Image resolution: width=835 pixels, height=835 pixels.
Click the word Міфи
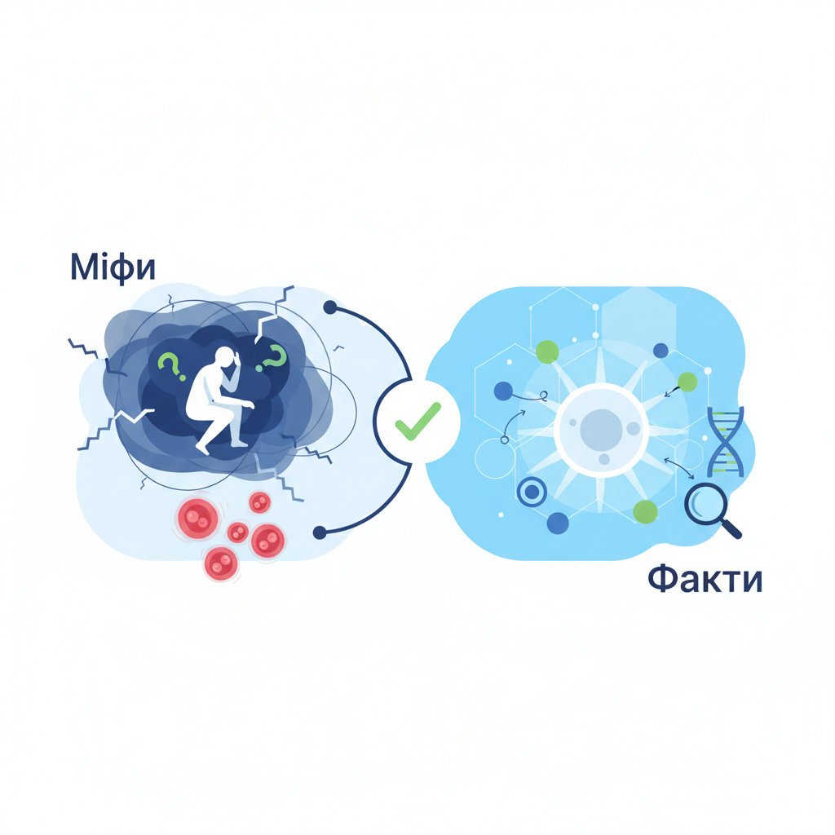pyautogui.click(x=113, y=267)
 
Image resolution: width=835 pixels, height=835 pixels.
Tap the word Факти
pyautogui.click(x=705, y=580)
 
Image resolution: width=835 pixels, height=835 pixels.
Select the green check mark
pyautogui.click(x=418, y=422)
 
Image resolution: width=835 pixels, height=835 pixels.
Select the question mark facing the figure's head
pyautogui.click(x=272, y=357)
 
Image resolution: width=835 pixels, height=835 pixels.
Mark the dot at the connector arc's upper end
pyautogui.click(x=330, y=307)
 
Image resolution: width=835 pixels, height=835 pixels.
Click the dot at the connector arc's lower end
pyautogui.click(x=320, y=532)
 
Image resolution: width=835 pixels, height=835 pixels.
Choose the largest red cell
pyautogui.click(x=197, y=518)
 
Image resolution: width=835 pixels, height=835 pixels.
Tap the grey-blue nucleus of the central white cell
pyautogui.click(x=601, y=429)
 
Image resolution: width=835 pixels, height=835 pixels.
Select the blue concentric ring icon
pyautogui.click(x=532, y=492)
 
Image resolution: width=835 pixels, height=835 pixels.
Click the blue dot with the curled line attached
pyautogui.click(x=503, y=391)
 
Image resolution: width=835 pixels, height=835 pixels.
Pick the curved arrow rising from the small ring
pyautogui.click(x=512, y=422)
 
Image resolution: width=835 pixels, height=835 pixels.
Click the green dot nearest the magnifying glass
pyautogui.click(x=645, y=512)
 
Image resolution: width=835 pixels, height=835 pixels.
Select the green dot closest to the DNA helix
pyautogui.click(x=687, y=382)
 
